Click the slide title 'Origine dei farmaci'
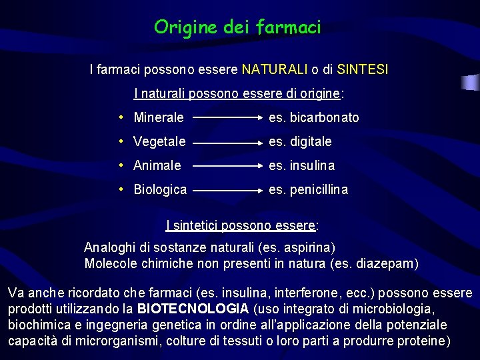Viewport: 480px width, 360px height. pos(237,27)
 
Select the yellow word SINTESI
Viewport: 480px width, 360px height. pos(363,69)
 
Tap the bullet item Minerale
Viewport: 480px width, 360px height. pos(159,118)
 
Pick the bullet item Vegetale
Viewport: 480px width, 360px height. pos(159,142)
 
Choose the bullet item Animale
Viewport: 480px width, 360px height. pos(157,165)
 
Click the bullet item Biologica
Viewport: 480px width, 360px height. pos(160,190)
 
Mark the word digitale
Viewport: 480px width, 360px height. pos(310,142)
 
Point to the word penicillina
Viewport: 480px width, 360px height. pos(319,190)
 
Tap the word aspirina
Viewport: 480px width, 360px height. pos(307,248)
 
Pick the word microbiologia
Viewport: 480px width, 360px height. pos(394,309)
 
